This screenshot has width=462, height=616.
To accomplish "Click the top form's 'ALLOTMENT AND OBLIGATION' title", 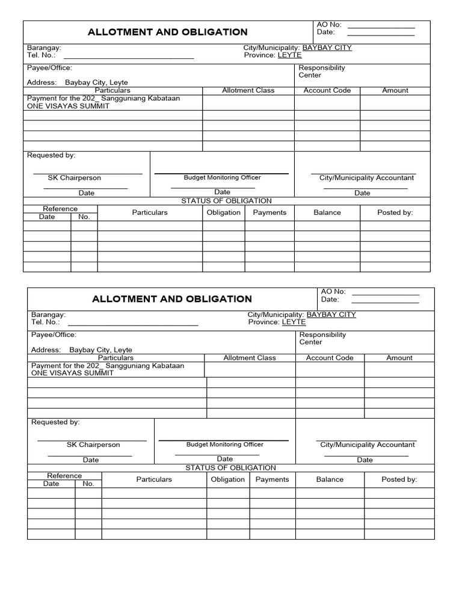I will click(x=167, y=32).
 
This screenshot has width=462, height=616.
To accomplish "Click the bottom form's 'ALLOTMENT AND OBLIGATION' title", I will click(x=171, y=299).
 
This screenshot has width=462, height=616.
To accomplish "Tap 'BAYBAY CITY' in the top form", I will click(x=327, y=48).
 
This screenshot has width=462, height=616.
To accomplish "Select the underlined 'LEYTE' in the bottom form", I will click(x=294, y=322).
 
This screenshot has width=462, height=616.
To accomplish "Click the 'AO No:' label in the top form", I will click(x=329, y=25).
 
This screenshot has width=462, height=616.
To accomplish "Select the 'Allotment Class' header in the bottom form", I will click(x=250, y=357).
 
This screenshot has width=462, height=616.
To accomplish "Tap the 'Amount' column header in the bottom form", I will click(x=399, y=357).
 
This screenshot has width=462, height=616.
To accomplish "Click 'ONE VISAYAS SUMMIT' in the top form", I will click(x=68, y=106).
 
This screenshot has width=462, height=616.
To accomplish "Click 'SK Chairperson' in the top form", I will click(x=75, y=178).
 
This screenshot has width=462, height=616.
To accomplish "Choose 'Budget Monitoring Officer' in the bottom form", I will click(x=224, y=445).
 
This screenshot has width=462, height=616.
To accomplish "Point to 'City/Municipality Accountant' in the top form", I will click(x=366, y=178).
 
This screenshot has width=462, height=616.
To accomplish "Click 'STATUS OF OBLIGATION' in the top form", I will click(x=226, y=201).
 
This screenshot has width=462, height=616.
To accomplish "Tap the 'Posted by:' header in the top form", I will click(x=395, y=212).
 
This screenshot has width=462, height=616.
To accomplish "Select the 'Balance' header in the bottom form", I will click(x=330, y=479).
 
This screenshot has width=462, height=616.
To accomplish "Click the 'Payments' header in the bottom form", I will click(x=272, y=479).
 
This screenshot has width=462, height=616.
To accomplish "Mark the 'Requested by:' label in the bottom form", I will click(x=55, y=422).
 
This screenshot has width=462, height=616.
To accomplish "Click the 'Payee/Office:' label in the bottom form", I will click(x=54, y=334).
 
